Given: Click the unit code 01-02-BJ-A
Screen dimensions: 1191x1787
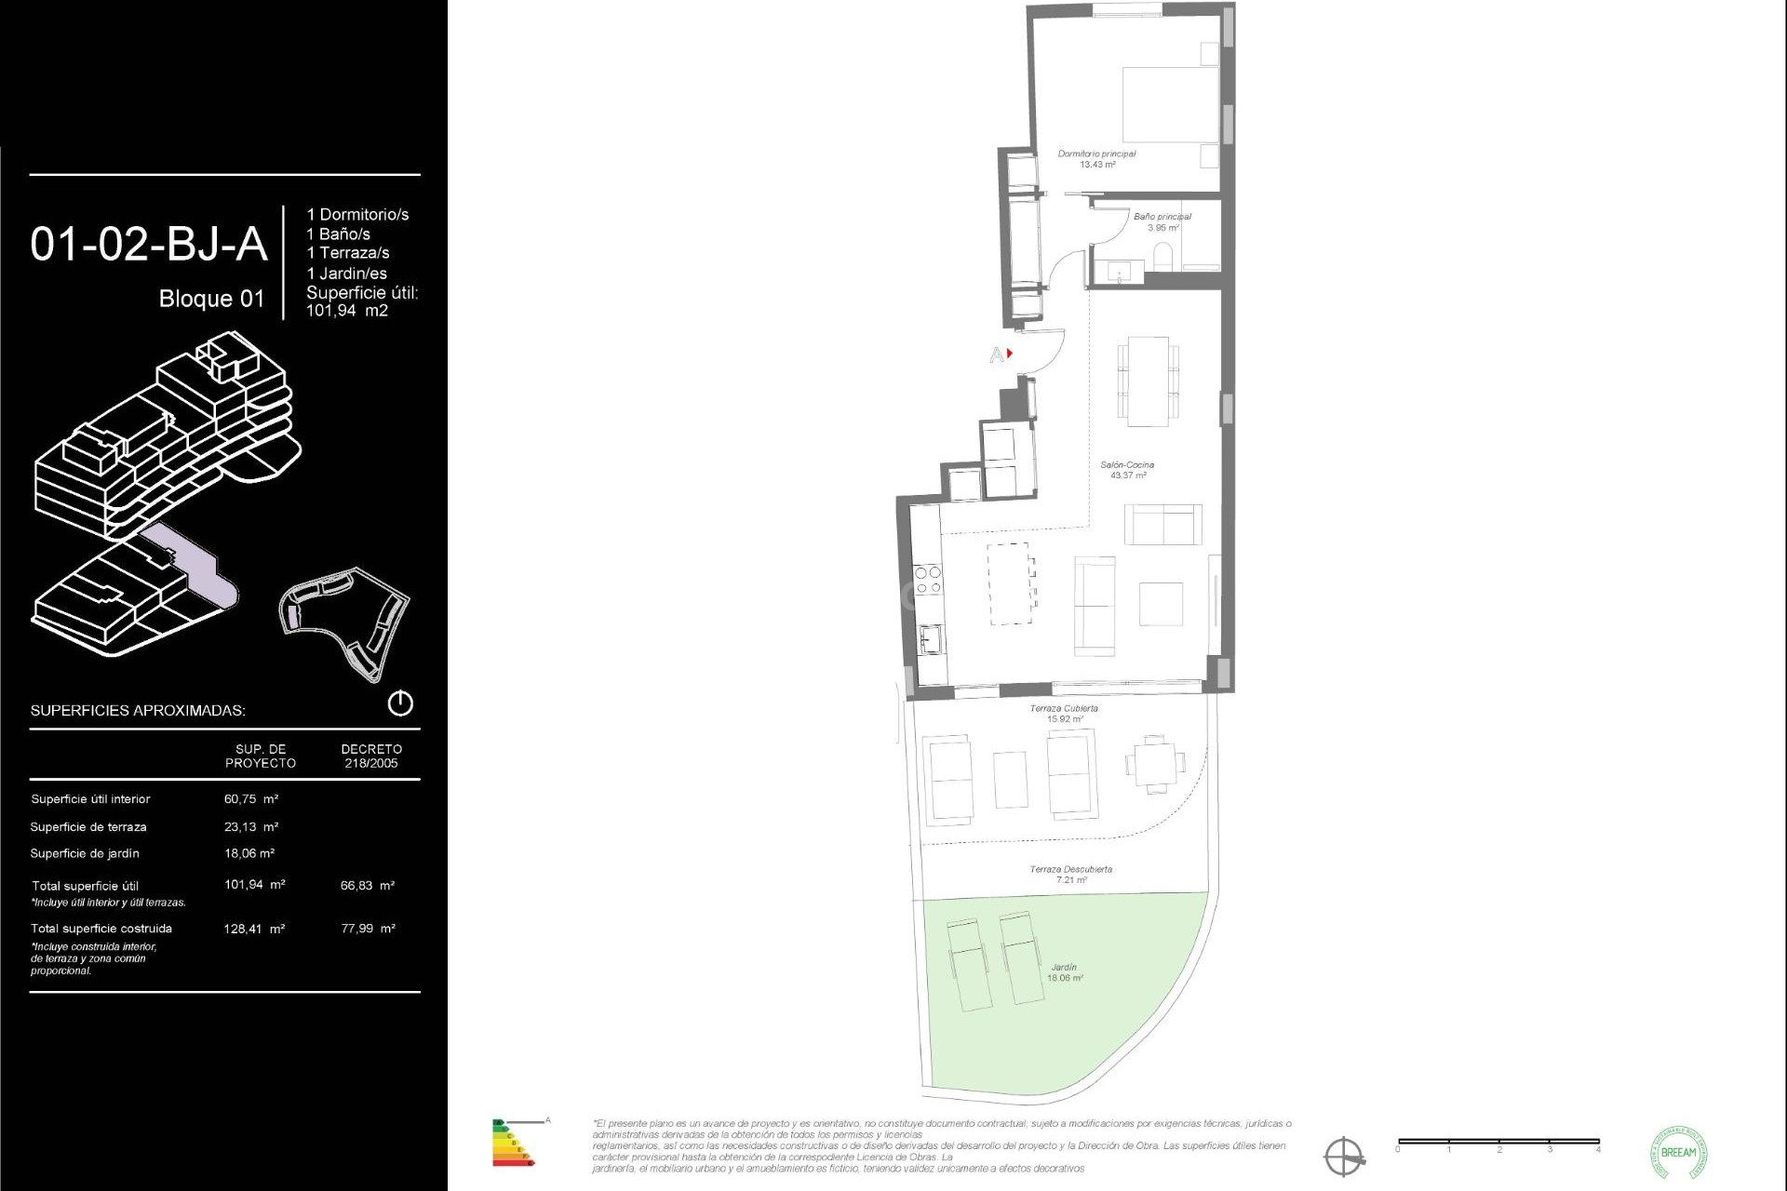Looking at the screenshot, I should click(x=149, y=245).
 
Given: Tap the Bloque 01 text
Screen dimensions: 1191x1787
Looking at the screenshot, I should click(x=211, y=299).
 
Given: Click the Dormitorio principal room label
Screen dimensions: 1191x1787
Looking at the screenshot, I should click(x=1096, y=159).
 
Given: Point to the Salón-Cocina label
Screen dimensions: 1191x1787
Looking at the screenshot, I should click(x=1127, y=470).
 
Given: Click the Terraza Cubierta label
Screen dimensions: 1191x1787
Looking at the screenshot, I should click(x=1064, y=714).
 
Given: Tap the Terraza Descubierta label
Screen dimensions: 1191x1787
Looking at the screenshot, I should click(x=1070, y=874).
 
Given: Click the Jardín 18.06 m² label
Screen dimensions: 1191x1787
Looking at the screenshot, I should click(x=1064, y=972).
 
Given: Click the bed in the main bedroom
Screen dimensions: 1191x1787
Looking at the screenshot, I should click(x=1170, y=103).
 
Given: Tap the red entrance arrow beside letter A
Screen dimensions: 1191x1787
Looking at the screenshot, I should click(x=1009, y=354).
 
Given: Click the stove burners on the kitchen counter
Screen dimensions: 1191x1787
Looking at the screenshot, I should click(x=928, y=581).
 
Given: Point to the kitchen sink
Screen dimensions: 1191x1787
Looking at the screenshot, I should click(x=930, y=638).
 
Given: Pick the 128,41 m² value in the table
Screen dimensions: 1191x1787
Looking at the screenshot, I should click(x=254, y=929).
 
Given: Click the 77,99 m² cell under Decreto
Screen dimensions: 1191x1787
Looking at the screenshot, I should click(x=368, y=929).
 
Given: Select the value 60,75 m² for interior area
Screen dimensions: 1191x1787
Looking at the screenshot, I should click(x=251, y=799).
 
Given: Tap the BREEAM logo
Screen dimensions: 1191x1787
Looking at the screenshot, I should click(x=1678, y=1152).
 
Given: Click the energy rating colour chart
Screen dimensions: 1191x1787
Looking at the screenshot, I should click(x=512, y=1144).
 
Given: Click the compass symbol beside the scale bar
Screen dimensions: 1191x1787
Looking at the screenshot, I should click(x=1344, y=1157).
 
